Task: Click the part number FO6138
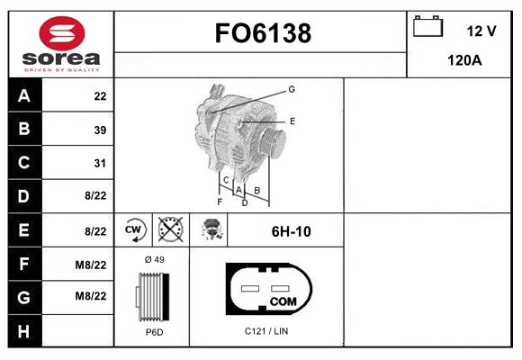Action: pyautogui.click(x=262, y=33)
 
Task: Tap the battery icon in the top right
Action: pyautogui.click(x=428, y=26)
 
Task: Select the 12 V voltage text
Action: pyautogui.click(x=481, y=31)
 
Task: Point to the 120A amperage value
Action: pyautogui.click(x=464, y=61)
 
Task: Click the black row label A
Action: pyautogui.click(x=23, y=96)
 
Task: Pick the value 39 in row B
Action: pyautogui.click(x=100, y=130)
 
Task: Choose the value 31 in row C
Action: pyautogui.click(x=100, y=163)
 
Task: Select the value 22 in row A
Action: pyautogui.click(x=100, y=96)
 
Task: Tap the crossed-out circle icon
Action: pyautogui.click(x=169, y=230)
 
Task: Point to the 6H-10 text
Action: pyautogui.click(x=291, y=231)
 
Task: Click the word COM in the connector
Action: pyautogui.click(x=283, y=301)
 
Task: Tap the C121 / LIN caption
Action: pyautogui.click(x=266, y=331)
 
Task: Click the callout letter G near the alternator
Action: pyautogui.click(x=292, y=89)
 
